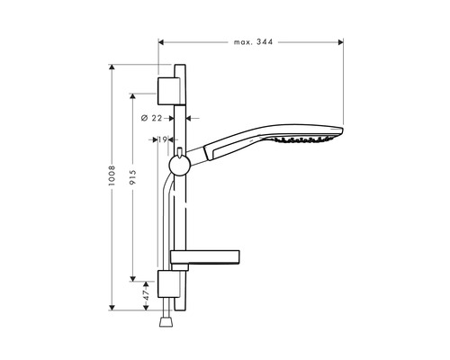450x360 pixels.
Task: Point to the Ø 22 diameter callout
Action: (x=153, y=118)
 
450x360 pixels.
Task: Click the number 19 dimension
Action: (x=163, y=139)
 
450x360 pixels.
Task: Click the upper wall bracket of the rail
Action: (x=168, y=89)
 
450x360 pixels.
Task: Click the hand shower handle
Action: (x=225, y=144)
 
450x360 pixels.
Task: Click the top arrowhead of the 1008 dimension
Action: (x=113, y=67)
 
